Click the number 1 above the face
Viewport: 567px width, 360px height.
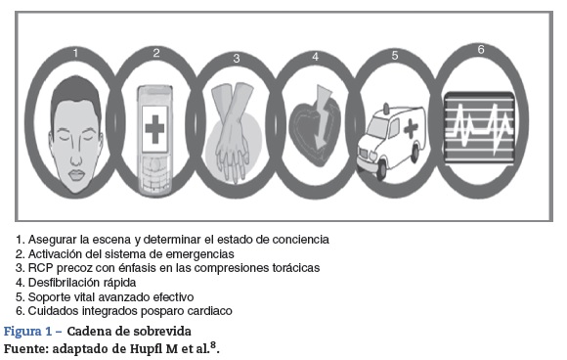(x=75, y=53)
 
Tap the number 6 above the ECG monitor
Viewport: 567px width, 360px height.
(x=481, y=49)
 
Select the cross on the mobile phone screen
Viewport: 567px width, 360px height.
(x=154, y=129)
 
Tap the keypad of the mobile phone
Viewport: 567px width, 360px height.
(x=154, y=174)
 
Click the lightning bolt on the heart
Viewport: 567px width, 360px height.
(x=324, y=117)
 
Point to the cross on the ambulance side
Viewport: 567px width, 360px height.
(x=411, y=129)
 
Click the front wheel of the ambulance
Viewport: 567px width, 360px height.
(x=381, y=171)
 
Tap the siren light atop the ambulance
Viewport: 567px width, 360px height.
(x=386, y=108)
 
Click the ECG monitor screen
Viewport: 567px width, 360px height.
(x=479, y=127)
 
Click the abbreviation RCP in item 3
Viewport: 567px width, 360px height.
(x=40, y=268)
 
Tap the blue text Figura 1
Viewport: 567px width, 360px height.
(x=28, y=332)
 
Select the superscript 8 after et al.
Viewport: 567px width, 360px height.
(x=213, y=345)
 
